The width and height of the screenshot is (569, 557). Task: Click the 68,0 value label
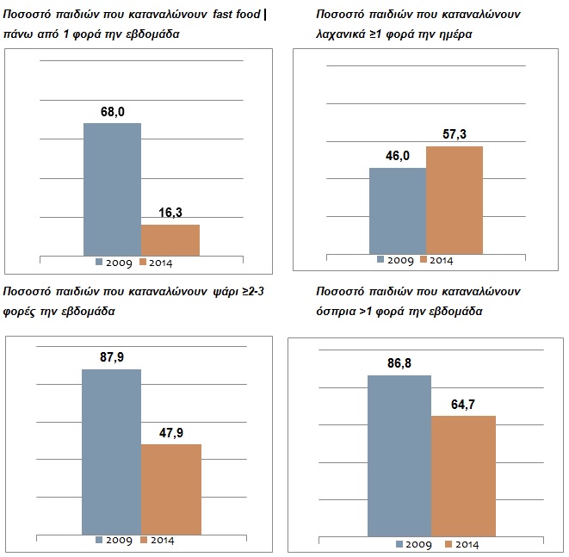(113, 112)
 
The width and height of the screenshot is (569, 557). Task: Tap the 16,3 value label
(170, 213)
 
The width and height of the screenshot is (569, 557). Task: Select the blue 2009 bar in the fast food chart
(113, 189)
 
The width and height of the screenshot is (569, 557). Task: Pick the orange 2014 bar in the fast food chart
(170, 240)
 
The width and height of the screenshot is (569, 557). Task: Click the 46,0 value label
(398, 156)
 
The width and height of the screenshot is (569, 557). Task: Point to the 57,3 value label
(455, 134)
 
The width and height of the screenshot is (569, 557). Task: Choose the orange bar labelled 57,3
(455, 201)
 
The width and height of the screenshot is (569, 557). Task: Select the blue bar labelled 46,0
(398, 211)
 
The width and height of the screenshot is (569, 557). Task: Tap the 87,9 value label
(112, 357)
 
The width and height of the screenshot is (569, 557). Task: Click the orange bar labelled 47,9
(171, 490)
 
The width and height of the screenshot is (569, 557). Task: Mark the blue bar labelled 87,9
(111, 452)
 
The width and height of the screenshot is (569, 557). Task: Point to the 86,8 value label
(399, 363)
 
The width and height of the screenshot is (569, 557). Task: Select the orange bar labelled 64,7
(463, 476)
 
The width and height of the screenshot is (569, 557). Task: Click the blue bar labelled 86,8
(399, 455)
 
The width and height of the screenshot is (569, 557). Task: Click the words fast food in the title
(237, 15)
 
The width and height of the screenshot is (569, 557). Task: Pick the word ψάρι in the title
(226, 292)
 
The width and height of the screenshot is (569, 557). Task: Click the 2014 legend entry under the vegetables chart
(436, 260)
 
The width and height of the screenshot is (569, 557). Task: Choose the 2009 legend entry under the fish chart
(114, 541)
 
